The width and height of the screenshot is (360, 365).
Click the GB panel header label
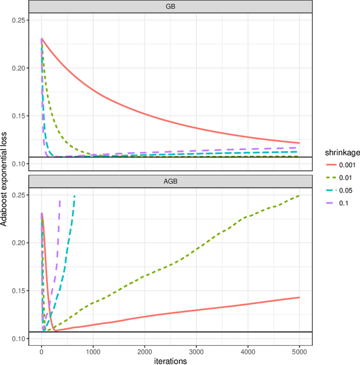pos(170,6)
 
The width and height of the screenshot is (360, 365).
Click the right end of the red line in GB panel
pos(299,143)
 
